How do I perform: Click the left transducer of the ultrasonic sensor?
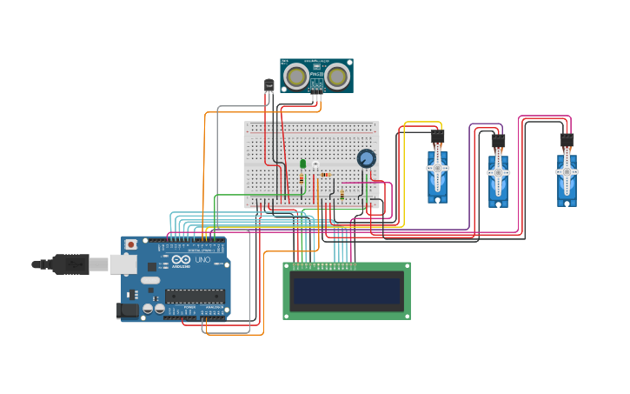pos(296,77)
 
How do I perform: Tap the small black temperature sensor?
pos(269,84)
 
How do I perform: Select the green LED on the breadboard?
pos(302,164)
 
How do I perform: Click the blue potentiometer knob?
pos(367,158)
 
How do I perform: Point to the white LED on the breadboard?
pos(315,165)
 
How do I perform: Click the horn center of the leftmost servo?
pos(437,170)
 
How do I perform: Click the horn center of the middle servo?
pos(498,172)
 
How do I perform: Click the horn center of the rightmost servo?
pos(567,172)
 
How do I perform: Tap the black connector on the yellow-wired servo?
pos(437,137)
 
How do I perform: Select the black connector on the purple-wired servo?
pos(498,140)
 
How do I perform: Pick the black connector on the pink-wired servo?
pos(567,140)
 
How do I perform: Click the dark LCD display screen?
pos(347,291)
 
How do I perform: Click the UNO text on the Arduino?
pos(202,260)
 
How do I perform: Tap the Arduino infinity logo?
pos(180,260)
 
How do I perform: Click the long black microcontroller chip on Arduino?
pos(195,296)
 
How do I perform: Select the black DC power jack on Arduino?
pos(129,309)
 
